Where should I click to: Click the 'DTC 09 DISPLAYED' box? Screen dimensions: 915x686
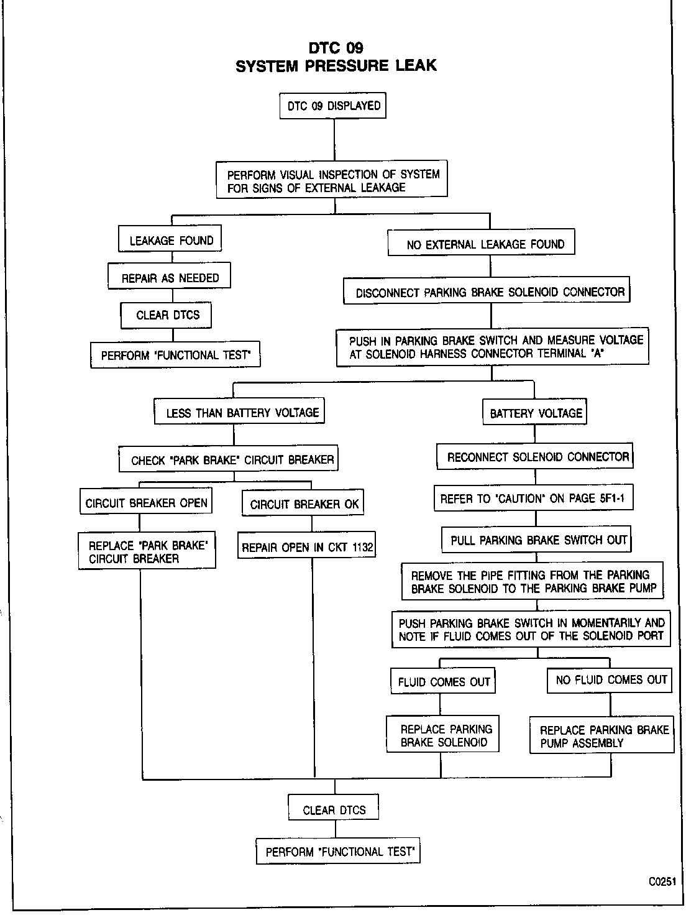[x=333, y=106]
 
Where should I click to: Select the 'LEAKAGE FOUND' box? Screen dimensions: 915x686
[x=170, y=241]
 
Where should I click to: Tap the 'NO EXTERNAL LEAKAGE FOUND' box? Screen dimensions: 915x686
[x=482, y=244]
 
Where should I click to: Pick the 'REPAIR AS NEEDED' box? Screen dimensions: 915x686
[x=170, y=278]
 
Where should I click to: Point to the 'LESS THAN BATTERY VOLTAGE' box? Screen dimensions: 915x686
[x=240, y=413]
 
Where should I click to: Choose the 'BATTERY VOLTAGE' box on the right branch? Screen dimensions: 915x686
[x=535, y=413]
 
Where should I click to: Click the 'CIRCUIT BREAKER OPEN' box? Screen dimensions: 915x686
[x=146, y=503]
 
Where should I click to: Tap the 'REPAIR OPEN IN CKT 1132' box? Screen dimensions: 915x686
[x=307, y=548]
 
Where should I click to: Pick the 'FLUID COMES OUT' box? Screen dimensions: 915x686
[x=443, y=682]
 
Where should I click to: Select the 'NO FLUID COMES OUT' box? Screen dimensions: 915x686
[x=610, y=680]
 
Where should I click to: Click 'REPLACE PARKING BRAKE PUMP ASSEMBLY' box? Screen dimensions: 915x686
[x=602, y=736]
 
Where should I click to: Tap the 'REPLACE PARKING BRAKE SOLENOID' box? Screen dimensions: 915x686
[x=444, y=735]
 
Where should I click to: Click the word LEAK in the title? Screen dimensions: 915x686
[x=416, y=65]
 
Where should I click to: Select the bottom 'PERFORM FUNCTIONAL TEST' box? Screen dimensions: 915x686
[x=338, y=852]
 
